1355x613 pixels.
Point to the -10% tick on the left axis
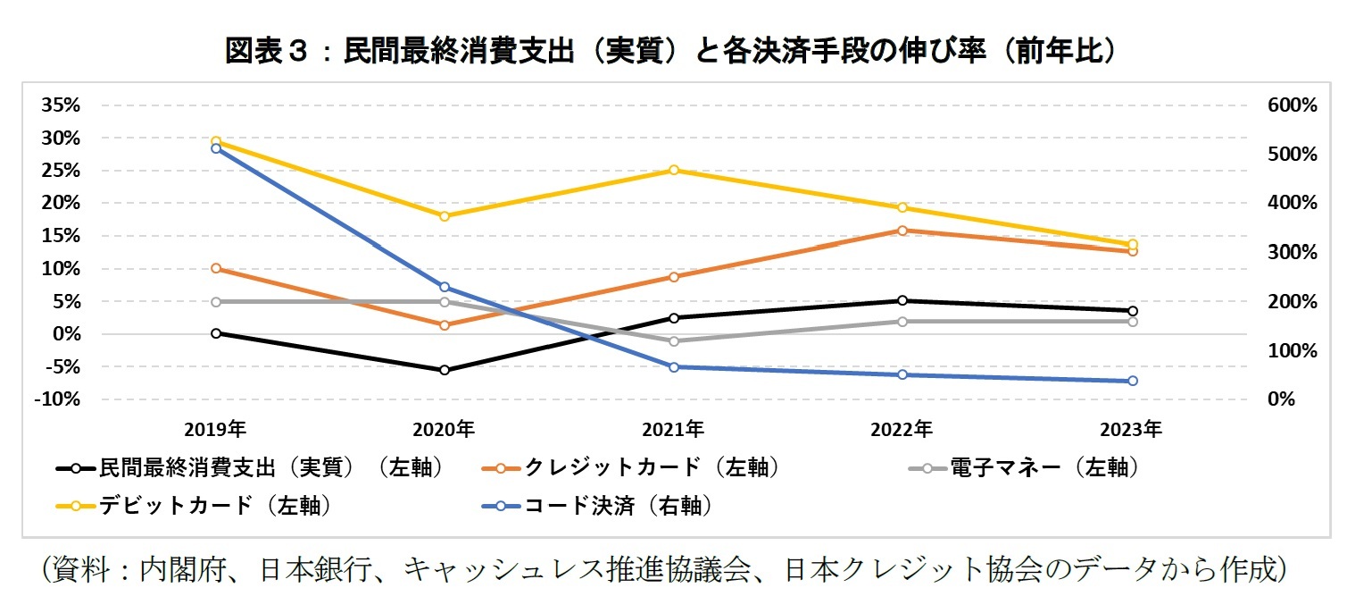pos(58,399)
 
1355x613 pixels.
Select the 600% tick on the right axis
pos(1292,105)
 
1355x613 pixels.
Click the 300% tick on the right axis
pos(1292,253)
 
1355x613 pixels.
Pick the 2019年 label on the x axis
pos(216,429)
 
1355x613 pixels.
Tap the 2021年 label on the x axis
pos(674,429)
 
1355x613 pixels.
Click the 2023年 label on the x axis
pos(1132,429)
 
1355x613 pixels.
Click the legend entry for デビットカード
pos(214,506)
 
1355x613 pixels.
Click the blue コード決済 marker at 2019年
pos(216,148)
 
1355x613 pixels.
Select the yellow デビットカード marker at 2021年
pos(674,170)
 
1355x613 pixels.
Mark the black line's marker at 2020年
pos(445,370)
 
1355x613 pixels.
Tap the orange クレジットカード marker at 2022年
pos(902,231)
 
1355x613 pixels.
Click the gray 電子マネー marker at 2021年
pos(674,341)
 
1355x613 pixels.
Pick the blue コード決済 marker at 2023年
pos(1132,381)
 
